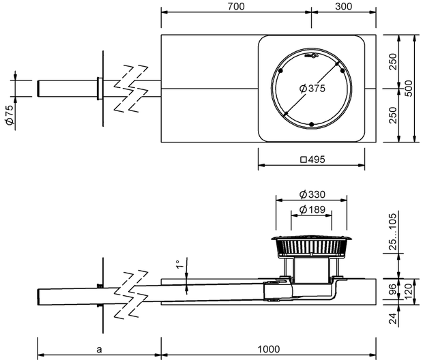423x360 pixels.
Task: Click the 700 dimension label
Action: point(236,6)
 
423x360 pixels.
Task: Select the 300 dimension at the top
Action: point(343,6)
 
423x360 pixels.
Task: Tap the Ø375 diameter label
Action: point(312,88)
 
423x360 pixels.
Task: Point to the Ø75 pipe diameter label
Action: point(10,115)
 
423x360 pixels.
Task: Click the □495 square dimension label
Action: point(312,160)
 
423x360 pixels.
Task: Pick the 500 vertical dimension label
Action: point(409,88)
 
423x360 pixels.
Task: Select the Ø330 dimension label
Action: point(312,194)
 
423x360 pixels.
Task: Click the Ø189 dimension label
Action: point(312,209)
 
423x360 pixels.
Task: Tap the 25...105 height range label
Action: point(394,232)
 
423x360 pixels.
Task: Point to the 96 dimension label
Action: point(394,289)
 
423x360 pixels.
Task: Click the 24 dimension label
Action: point(394,318)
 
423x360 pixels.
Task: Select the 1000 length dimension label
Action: point(269,349)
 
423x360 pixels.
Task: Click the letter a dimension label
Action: point(99,350)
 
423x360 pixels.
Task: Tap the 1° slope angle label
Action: point(179,265)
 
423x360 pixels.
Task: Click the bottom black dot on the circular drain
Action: point(312,124)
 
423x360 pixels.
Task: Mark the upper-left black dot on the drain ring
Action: point(280,71)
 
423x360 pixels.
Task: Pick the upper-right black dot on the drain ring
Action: point(342,71)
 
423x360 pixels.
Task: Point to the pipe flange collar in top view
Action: point(100,88)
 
